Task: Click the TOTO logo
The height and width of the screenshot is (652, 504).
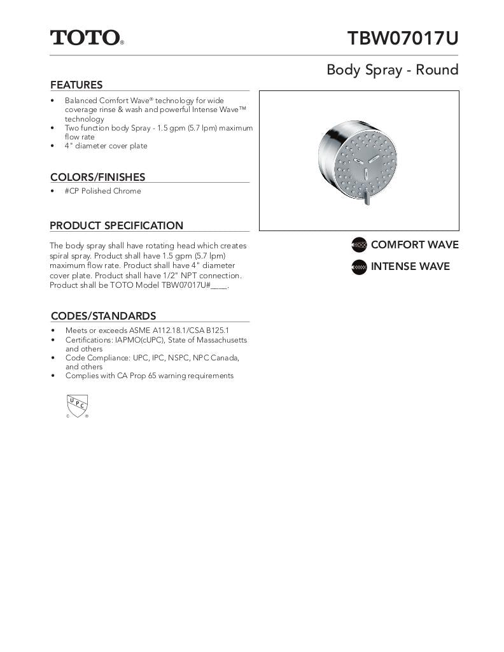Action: (87, 38)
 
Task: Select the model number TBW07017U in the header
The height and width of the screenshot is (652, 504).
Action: (402, 38)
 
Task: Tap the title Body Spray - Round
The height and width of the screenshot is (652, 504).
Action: (392, 69)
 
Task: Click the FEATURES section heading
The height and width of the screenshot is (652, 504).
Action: (76, 85)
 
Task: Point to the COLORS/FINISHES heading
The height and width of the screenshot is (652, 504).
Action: (97, 177)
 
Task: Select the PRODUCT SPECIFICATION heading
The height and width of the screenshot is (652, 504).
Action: (116, 225)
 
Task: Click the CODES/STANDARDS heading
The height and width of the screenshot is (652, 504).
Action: (103, 316)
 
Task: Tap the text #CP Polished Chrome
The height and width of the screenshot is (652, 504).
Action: (102, 191)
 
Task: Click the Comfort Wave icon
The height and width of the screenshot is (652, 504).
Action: (360, 245)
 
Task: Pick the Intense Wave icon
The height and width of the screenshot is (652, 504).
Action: (360, 267)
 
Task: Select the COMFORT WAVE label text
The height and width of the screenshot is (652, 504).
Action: (414, 245)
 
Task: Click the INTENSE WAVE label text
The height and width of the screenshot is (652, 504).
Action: (410, 267)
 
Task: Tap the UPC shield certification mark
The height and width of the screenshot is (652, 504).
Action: (77, 405)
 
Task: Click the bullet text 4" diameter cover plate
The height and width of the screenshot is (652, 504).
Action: (106, 146)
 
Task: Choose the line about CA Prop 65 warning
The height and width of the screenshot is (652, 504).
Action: (149, 376)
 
